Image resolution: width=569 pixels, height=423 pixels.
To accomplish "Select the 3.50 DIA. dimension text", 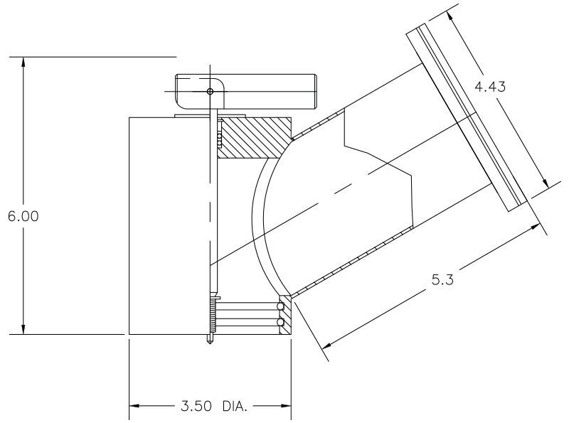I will [210, 407].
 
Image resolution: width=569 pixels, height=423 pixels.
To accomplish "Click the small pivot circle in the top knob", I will [210, 92].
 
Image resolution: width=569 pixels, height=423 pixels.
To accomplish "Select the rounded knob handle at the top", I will [245, 92].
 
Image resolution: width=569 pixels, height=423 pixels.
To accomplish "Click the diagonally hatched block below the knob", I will [252, 138].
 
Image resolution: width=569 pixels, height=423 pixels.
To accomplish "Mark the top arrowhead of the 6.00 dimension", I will [24, 61].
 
